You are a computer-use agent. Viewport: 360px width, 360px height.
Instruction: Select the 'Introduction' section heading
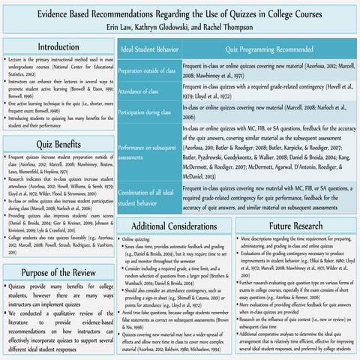[x=58, y=47]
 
